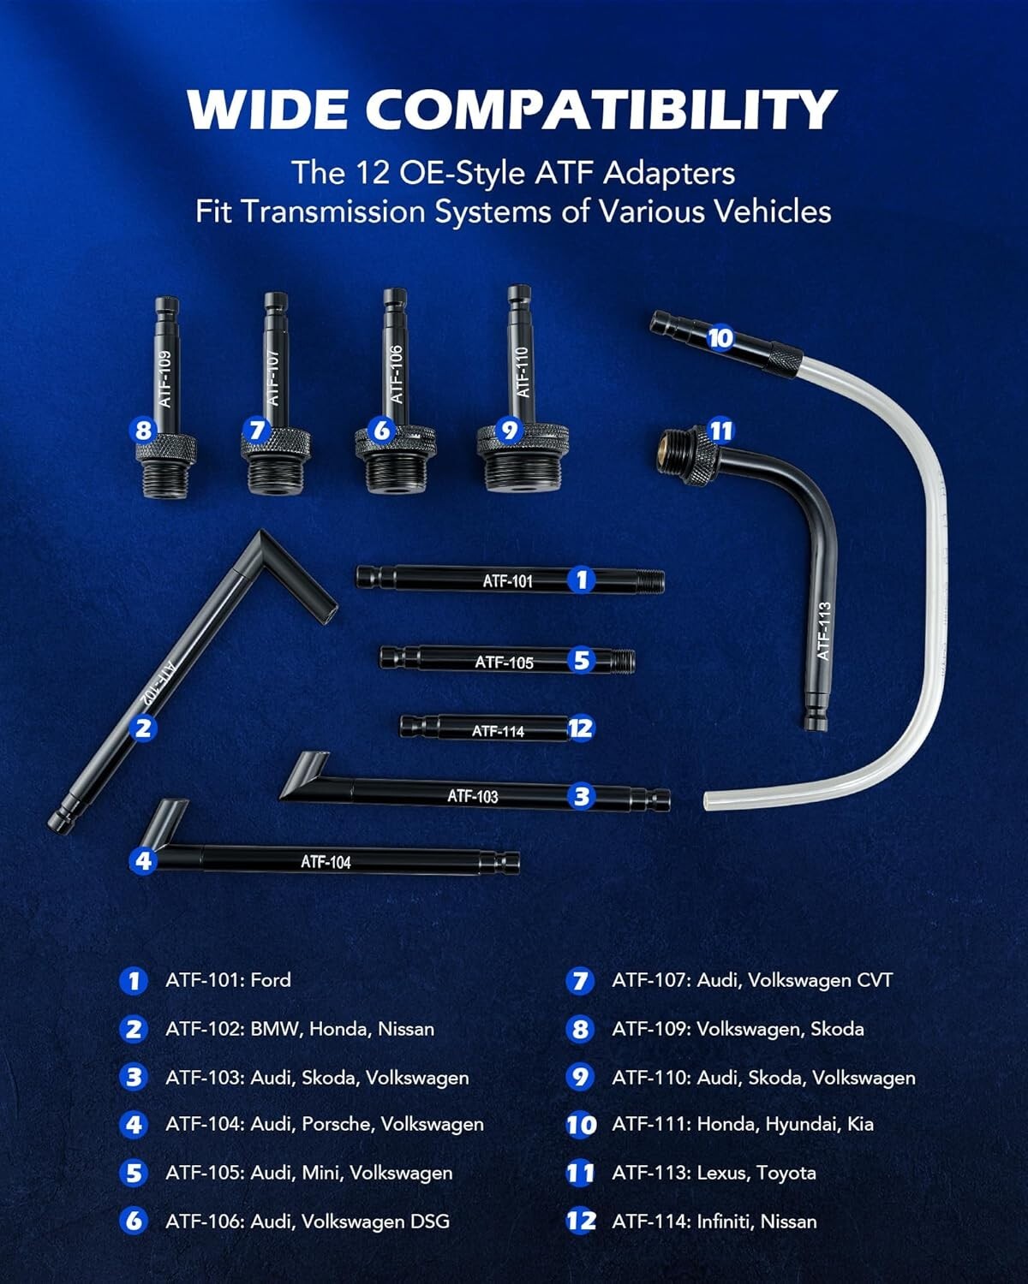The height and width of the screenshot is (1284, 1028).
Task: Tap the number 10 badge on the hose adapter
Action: pyautogui.click(x=720, y=337)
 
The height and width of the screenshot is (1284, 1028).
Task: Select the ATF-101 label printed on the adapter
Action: pyautogui.click(x=507, y=581)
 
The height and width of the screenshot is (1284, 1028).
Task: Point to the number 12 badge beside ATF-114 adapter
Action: pyautogui.click(x=580, y=728)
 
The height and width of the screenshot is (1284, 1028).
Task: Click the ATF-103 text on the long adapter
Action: pyautogui.click(x=472, y=796)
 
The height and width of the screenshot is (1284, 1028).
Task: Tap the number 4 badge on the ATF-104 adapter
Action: pyautogui.click(x=143, y=860)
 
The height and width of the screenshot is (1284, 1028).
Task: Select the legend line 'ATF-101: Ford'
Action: pyautogui.click(x=228, y=980)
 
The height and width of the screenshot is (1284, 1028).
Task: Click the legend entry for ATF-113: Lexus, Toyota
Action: pyautogui.click(x=713, y=1173)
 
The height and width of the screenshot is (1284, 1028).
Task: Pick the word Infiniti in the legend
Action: pyautogui.click(x=723, y=1222)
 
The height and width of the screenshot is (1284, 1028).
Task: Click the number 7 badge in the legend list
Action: pyautogui.click(x=580, y=981)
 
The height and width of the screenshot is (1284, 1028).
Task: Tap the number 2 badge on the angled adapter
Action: pyautogui.click(x=143, y=728)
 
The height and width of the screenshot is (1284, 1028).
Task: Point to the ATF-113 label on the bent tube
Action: pyautogui.click(x=823, y=631)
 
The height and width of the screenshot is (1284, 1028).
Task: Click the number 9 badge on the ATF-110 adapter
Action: pyautogui.click(x=509, y=430)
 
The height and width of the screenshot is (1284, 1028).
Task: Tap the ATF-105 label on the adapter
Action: pyautogui.click(x=504, y=662)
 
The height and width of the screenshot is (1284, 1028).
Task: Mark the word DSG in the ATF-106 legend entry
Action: pyautogui.click(x=429, y=1222)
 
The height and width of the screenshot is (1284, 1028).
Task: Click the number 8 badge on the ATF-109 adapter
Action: pyautogui.click(x=143, y=430)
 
